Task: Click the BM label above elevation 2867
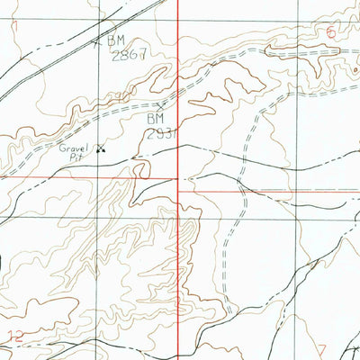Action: [117, 40]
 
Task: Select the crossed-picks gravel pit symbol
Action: [100, 148]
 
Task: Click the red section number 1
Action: [15, 27]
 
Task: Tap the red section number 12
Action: [15, 337]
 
